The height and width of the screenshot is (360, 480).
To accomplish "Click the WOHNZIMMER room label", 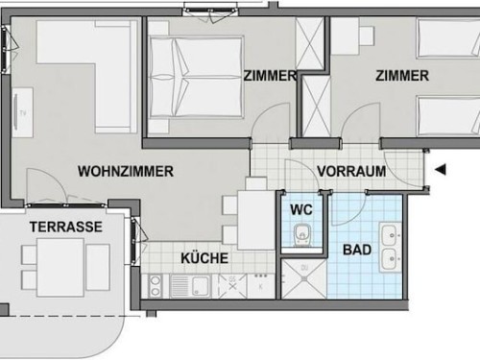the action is point(126,171).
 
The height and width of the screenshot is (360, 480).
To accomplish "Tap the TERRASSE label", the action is point(66,227).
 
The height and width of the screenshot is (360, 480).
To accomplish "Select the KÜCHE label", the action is point(204,258).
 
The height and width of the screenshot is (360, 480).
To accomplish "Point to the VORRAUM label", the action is point(351,171).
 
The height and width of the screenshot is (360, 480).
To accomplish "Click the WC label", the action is point(301,210).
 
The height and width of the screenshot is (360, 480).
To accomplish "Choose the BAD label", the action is point(357,250).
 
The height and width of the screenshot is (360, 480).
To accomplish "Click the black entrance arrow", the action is point(441,169).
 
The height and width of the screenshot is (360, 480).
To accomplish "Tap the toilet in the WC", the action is point(301,235).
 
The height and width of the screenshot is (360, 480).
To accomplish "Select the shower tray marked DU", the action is point(303,279).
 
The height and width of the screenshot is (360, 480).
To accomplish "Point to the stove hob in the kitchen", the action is point(155,287).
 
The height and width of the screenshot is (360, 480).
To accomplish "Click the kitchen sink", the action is point(190,286).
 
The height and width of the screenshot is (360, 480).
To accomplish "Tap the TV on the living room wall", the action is point(23,112).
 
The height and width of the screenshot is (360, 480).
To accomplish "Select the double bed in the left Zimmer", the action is point(196,77).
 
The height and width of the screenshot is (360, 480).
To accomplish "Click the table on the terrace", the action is point(60,268).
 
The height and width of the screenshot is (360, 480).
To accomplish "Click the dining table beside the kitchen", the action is point(256,220).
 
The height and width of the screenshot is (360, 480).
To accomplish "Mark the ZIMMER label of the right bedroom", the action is point(402,76).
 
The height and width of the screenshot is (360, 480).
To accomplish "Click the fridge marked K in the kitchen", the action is point(261,286).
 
